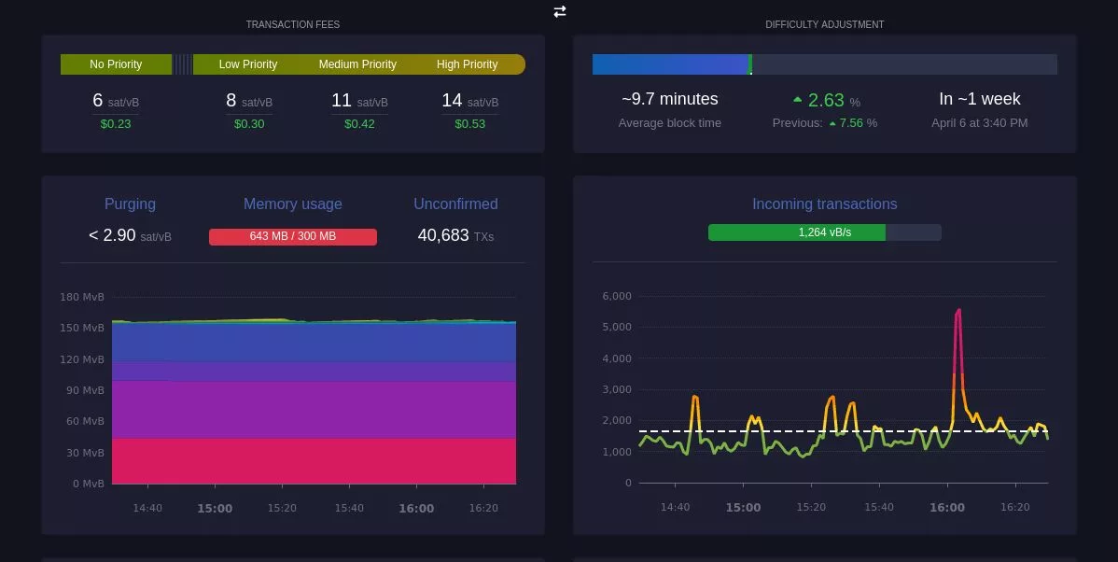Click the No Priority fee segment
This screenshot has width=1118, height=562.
point(116,64)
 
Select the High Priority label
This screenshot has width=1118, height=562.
point(467,64)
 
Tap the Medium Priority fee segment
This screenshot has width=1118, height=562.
point(357,64)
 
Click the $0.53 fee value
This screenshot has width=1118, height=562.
point(469,124)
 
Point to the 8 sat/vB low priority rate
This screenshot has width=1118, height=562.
point(248,101)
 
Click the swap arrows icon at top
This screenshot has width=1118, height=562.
point(559,11)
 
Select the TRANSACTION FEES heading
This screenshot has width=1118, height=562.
point(292,24)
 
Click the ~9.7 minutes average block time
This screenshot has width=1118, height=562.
point(669,99)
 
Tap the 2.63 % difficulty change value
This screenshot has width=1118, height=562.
point(825,101)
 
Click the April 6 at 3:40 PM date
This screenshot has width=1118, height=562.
point(979,123)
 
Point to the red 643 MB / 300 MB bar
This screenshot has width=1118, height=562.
point(292,236)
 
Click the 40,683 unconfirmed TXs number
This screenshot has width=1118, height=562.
point(443,236)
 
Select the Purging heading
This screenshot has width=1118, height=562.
point(130,204)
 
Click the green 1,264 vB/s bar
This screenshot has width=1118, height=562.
point(796,232)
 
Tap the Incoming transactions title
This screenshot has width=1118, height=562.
point(824,204)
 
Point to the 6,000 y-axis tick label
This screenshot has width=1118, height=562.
point(617,296)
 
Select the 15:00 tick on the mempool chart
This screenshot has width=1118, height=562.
point(215,509)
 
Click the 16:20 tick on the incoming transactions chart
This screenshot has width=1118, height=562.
point(1014,508)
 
